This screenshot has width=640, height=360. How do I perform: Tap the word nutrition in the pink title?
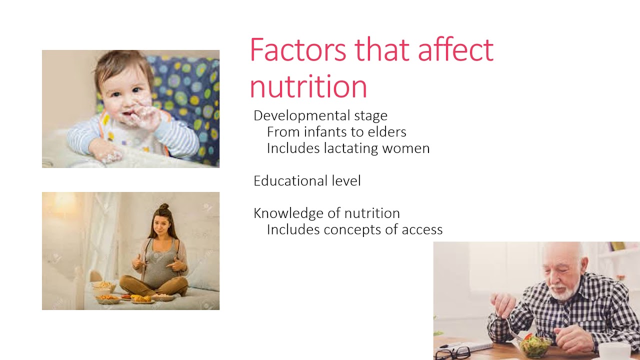coord(308,86)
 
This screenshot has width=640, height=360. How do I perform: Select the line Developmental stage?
coord(320,116)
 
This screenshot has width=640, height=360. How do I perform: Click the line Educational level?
coord(307,181)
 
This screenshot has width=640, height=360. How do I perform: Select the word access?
coord(421,230)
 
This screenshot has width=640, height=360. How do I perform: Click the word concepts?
coord(354,230)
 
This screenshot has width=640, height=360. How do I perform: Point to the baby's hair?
coord(120,65)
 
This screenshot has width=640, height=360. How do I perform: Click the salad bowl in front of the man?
coord(535,345)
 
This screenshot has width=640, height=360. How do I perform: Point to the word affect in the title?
coord(455,49)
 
